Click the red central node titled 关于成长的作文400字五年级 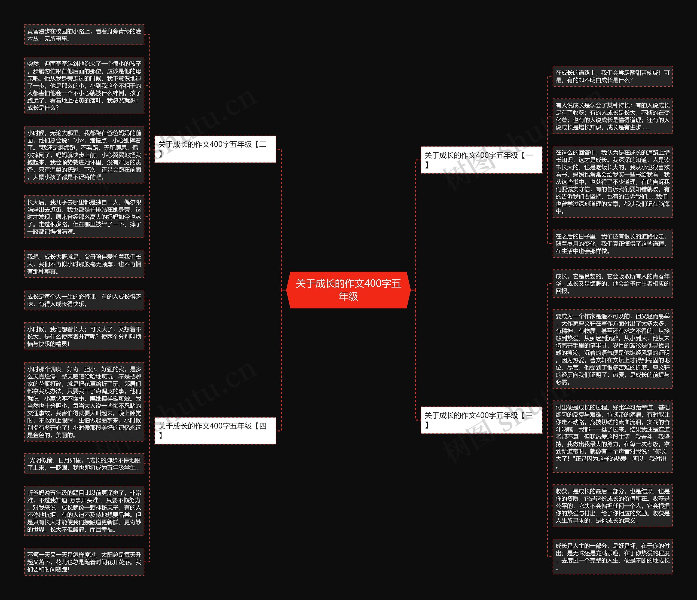(x=348, y=290)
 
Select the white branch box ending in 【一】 (x=481, y=160)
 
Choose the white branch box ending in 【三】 (x=481, y=420)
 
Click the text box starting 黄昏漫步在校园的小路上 (x=84, y=35)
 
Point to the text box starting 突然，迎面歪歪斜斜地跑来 (x=84, y=85)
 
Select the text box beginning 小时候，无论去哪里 (x=84, y=155)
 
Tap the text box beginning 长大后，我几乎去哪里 (x=84, y=217)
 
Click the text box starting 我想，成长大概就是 (x=84, y=264)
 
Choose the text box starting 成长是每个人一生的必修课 (x=84, y=300)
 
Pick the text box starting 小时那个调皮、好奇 (x=84, y=402)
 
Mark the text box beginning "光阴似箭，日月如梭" (x=84, y=464)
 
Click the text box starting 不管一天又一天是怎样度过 (x=84, y=562)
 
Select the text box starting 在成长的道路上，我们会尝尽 (x=612, y=76)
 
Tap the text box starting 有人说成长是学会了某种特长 (x=612, y=116)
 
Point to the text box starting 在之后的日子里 (x=612, y=243)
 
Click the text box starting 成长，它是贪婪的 (x=612, y=283)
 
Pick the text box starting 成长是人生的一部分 (x=612, y=557)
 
